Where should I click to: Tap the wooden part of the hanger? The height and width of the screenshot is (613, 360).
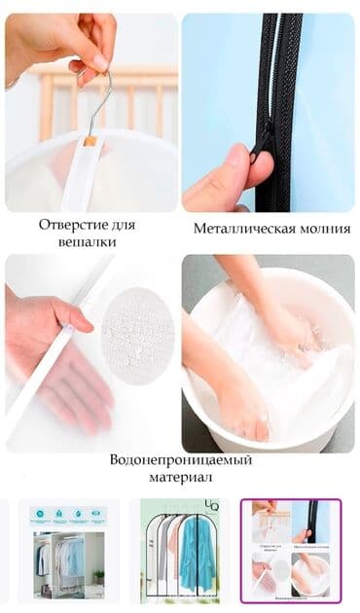90,140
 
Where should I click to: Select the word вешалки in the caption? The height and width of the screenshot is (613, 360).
87,241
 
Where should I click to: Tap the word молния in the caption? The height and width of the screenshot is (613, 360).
317,230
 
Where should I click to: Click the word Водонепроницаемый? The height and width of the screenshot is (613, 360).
180,459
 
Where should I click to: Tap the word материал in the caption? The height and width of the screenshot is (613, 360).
180,477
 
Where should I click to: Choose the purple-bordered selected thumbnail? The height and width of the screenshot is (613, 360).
291,549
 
